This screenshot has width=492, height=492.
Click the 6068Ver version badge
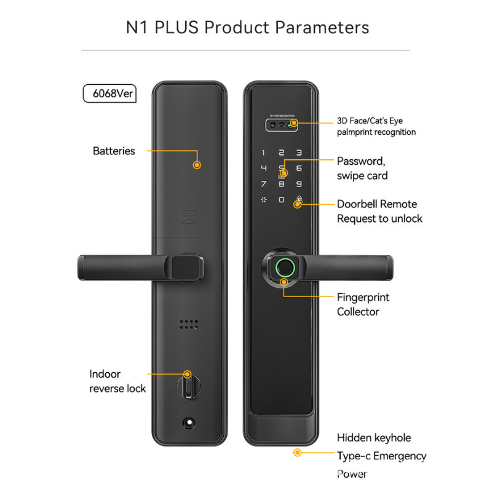coord(109,94)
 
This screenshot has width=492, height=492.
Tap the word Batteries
coord(114,151)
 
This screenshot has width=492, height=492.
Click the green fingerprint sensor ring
coord(284,266)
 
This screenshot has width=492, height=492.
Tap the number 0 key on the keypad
coord(281,199)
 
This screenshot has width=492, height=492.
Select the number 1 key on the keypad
coord(264,153)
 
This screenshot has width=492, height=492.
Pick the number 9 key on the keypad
coord(299,183)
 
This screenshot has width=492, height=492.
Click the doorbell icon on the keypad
coord(299,200)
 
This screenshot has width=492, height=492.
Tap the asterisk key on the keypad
coord(264,199)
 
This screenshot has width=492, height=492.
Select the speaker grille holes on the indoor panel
coord(189,325)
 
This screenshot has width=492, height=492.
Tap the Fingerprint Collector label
coord(363,304)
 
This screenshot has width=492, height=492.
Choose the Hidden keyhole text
coord(374,438)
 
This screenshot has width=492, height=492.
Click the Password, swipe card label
coord(362,169)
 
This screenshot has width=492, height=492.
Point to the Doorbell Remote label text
coord(377,204)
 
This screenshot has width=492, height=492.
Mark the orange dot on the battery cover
coord(197,165)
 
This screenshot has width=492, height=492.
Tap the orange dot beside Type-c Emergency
coord(297,453)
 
